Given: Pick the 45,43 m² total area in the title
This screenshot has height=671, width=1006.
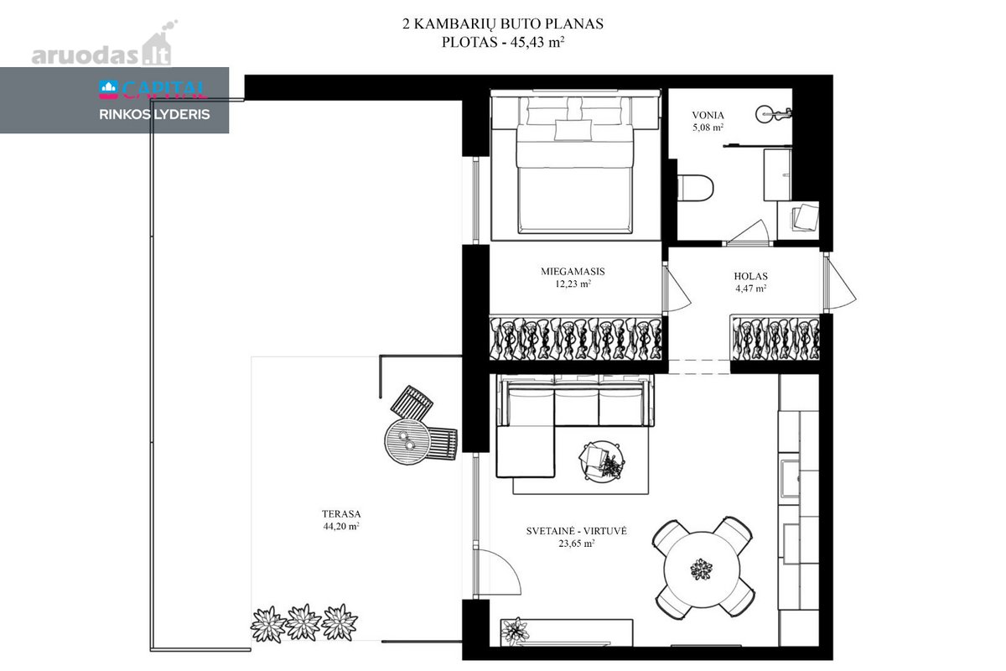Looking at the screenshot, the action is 537,42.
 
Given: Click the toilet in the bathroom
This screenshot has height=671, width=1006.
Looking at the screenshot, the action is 695,188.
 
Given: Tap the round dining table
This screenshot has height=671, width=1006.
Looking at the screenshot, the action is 702,569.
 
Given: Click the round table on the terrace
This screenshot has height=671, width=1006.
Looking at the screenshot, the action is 407,442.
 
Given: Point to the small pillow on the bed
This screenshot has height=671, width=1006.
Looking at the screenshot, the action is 573,130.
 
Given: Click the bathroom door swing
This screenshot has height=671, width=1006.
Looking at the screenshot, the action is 748,232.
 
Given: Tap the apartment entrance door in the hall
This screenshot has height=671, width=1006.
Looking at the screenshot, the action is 840,283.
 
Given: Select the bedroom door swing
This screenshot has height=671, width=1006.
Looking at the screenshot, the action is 677,288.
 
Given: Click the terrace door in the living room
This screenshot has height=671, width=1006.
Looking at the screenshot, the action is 497,572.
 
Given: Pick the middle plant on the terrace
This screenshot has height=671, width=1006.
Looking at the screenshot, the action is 303,622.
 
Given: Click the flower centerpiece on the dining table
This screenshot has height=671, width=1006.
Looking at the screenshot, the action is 701,569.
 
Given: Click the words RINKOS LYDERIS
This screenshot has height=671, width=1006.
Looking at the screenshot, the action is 154,115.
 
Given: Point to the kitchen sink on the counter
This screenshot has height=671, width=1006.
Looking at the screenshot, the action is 790,479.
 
